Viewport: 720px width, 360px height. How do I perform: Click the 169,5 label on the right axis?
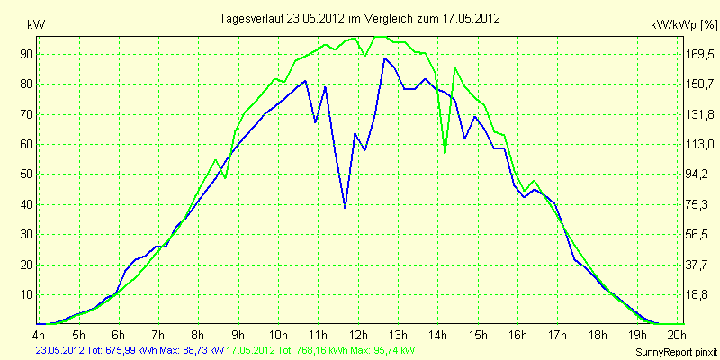pos(699,55)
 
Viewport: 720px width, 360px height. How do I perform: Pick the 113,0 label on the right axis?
pos(699,145)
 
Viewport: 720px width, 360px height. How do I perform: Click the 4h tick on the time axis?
pos(39,334)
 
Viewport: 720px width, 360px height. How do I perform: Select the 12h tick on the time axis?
pos(358,334)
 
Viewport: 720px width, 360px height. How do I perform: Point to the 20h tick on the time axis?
pos(678,334)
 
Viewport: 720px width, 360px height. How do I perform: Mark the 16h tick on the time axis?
pos(518,334)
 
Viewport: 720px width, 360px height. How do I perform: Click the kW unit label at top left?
pos(36,25)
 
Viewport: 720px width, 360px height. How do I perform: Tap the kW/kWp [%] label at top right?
pos(683,25)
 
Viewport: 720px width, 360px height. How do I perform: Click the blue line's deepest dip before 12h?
pos(345,208)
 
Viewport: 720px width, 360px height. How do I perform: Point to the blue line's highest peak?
pos(385,58)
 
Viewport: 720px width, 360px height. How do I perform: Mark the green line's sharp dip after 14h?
pos(445,152)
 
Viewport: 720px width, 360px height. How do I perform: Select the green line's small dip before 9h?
pos(225,177)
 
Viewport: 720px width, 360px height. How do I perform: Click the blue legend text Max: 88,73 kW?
pos(192,351)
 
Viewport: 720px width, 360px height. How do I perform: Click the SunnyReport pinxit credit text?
pos(676,352)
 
